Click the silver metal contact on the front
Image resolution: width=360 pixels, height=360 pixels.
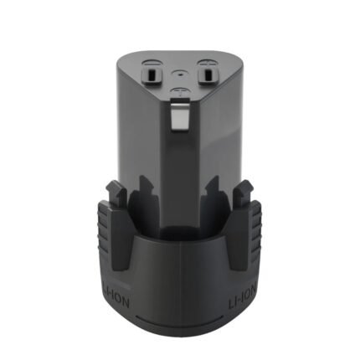click(177, 116)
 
